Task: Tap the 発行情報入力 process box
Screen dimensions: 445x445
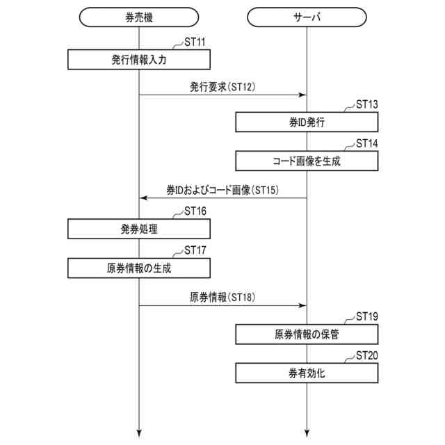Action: click(139, 60)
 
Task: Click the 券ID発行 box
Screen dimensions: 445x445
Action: click(307, 122)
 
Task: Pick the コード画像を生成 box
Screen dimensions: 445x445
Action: click(307, 161)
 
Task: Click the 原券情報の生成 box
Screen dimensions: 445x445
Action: click(139, 268)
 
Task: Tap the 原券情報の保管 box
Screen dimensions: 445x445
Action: click(307, 334)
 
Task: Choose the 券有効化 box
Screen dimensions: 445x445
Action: click(307, 373)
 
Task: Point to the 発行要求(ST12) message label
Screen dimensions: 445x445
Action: click(223, 87)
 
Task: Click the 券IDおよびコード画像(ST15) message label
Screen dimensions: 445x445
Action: click(222, 190)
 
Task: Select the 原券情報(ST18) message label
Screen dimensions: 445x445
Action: click(223, 297)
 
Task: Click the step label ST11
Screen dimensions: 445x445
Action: click(194, 42)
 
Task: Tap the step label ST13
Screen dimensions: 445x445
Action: click(366, 105)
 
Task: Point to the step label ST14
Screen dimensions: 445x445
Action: click(366, 144)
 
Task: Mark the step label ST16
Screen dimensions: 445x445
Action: click(194, 211)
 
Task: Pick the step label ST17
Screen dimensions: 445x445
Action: click(194, 250)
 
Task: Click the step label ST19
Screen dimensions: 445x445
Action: click(366, 317)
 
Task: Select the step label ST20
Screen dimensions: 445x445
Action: click(366, 356)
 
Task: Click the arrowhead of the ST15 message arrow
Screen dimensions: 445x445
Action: click(143, 198)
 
